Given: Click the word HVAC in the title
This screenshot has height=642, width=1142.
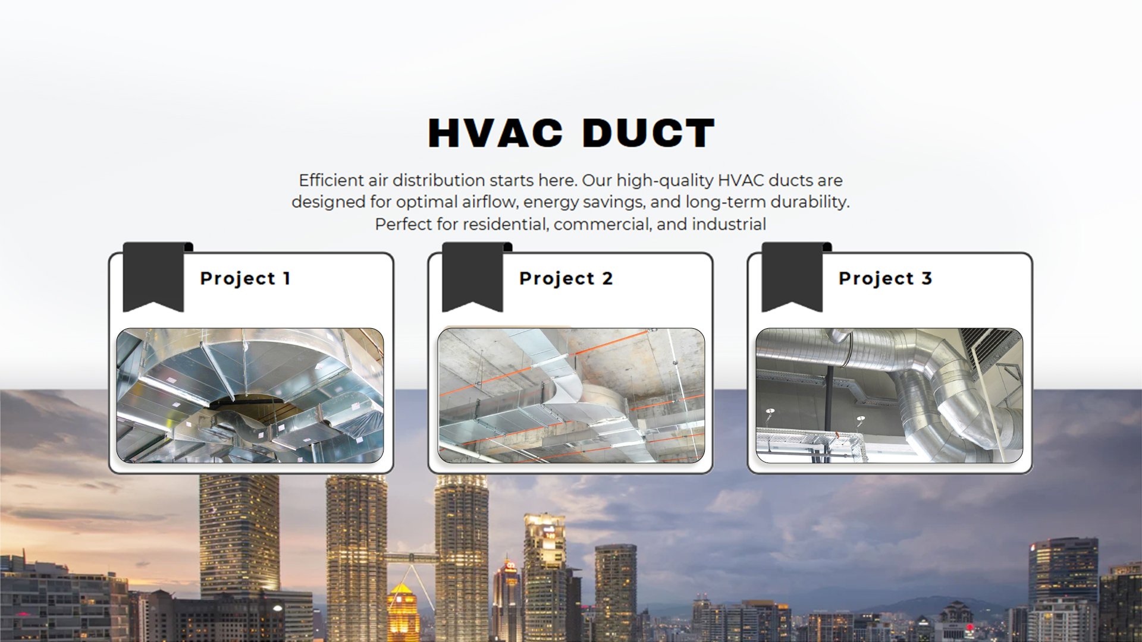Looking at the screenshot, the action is [x=495, y=133].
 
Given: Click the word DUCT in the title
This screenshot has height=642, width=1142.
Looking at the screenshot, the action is [x=648, y=133].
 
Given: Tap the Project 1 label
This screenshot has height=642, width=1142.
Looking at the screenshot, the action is [x=245, y=278].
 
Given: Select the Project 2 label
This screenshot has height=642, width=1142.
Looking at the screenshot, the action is [x=566, y=278].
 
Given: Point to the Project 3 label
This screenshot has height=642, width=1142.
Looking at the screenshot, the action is [x=885, y=278].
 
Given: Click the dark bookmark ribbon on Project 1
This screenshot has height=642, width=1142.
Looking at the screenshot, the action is [x=154, y=276].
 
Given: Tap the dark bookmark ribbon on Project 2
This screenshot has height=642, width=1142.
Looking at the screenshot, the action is [x=473, y=276].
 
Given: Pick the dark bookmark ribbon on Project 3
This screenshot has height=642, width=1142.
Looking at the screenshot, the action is [x=793, y=276].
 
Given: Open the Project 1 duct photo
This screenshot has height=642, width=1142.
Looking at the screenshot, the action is [x=250, y=395].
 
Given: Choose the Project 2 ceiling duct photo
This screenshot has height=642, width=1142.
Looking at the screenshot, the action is [x=571, y=395].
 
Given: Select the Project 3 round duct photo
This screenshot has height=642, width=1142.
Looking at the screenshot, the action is [x=889, y=395].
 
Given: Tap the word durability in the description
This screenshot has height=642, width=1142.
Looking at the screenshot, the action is [x=810, y=203].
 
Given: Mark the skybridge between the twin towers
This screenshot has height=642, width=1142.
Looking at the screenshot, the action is [x=410, y=558].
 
